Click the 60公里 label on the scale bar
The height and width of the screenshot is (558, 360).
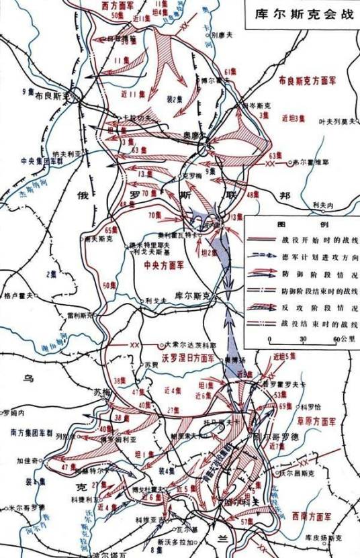coord(330,339)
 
